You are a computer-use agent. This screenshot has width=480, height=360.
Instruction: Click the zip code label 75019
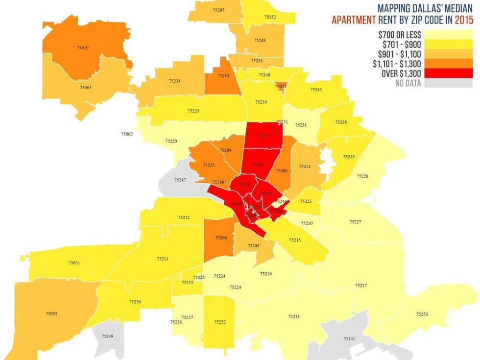click(83, 48)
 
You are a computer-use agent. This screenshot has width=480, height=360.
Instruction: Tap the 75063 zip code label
click(85, 87)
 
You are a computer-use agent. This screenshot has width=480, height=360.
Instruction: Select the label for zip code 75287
click(218, 10)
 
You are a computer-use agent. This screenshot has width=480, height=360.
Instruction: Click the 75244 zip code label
click(223, 75)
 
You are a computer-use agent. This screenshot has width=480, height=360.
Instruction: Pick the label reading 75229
click(193, 111)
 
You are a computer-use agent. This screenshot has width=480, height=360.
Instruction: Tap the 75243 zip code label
click(316, 90)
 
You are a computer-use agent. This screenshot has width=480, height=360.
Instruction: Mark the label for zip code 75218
click(349, 157)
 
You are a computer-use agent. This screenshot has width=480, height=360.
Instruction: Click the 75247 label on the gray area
click(180, 180)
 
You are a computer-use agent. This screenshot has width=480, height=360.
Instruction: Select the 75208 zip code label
click(221, 238)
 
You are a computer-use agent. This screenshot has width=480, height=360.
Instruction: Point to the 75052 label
click(51, 313)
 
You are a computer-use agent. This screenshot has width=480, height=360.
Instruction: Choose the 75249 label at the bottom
click(107, 336)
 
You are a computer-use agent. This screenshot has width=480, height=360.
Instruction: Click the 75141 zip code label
click(349, 339)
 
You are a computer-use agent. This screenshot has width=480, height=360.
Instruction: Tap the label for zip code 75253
click(422, 314)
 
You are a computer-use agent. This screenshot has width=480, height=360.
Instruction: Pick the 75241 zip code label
click(293, 317)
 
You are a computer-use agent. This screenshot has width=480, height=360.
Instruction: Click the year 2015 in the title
click(464, 21)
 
